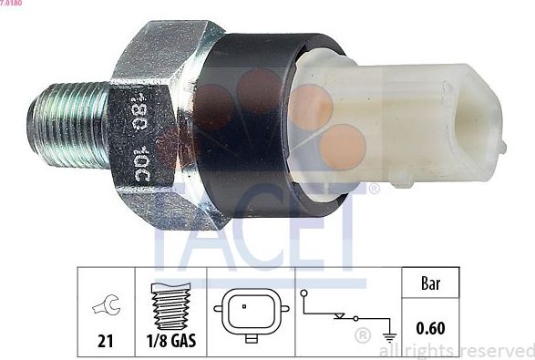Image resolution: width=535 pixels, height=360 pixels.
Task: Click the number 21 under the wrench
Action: pyautogui.click(x=107, y=342)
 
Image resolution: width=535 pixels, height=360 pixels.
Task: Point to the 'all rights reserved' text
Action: pyautogui.click(x=456, y=350)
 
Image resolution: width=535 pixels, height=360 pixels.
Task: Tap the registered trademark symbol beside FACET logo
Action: pyautogui.click(x=374, y=190)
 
